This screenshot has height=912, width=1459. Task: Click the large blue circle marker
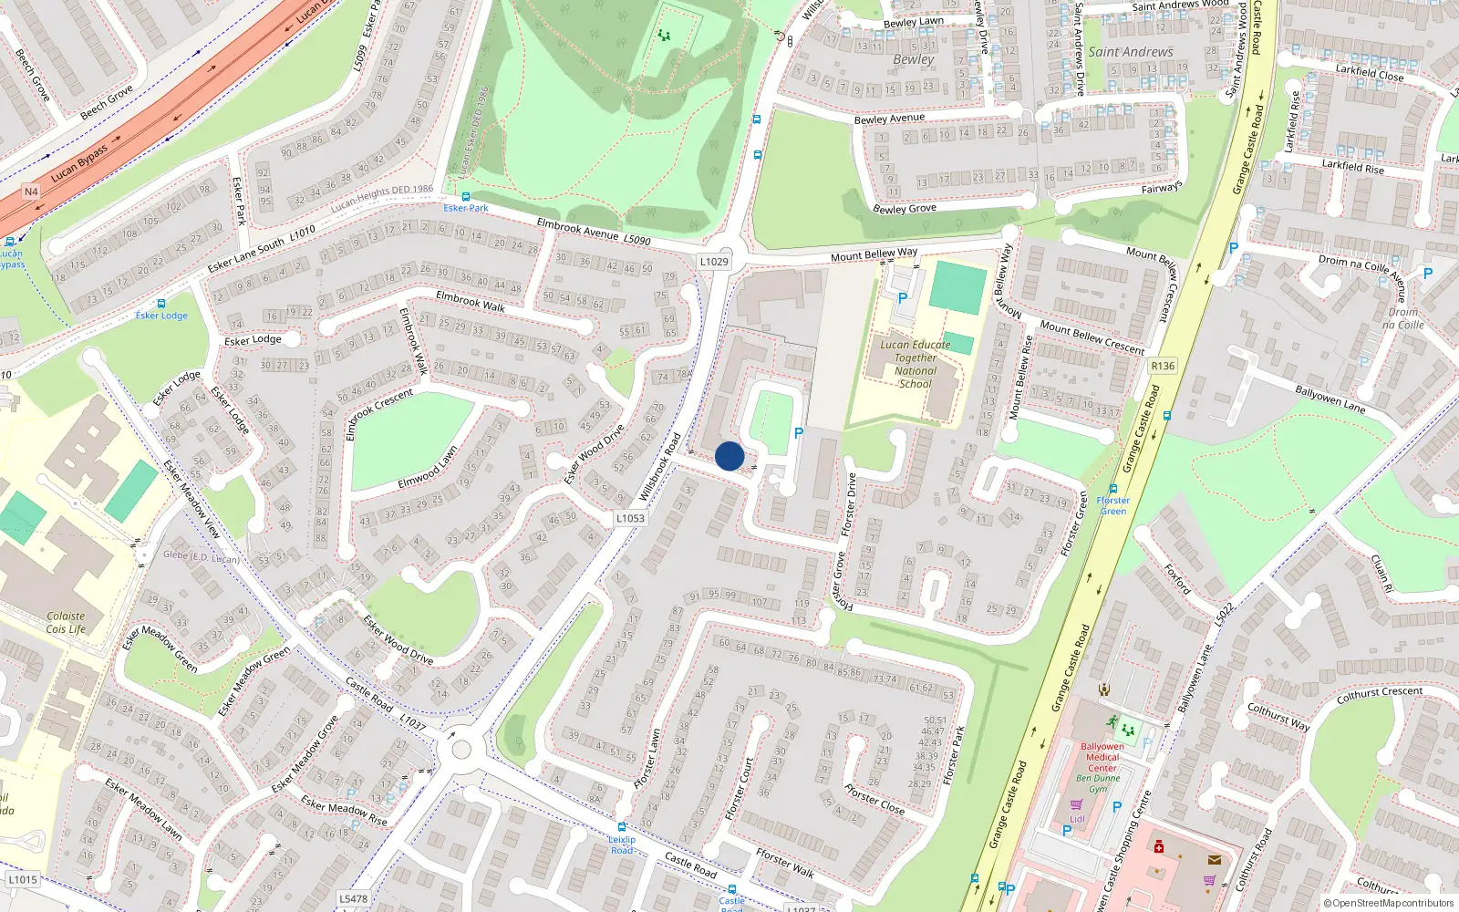point(729,456)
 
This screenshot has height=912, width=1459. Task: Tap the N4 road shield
point(31,192)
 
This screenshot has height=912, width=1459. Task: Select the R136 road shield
point(1163,366)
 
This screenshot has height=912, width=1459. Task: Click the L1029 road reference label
point(714,262)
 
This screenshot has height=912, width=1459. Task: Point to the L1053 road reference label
point(629,518)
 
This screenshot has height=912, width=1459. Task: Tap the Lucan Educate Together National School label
point(915,364)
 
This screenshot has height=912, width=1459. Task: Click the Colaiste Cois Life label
point(66,623)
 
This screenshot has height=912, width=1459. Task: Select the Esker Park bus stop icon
point(466,196)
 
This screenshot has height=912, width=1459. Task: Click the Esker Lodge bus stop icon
point(161,304)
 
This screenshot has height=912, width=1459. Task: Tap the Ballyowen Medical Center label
point(1102,757)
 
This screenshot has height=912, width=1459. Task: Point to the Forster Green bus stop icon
point(1112,489)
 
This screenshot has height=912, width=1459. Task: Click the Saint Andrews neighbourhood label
point(1131,52)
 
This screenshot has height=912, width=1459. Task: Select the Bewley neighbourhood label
point(914,59)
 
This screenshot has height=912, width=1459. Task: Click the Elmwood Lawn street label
point(428,467)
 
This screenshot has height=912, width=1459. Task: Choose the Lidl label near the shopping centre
point(1077,819)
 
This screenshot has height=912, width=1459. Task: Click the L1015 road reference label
point(23,880)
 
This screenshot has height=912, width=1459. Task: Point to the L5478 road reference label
point(354,898)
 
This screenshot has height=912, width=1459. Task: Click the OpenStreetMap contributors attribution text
point(1388,904)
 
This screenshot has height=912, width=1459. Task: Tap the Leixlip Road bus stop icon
point(622,828)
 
